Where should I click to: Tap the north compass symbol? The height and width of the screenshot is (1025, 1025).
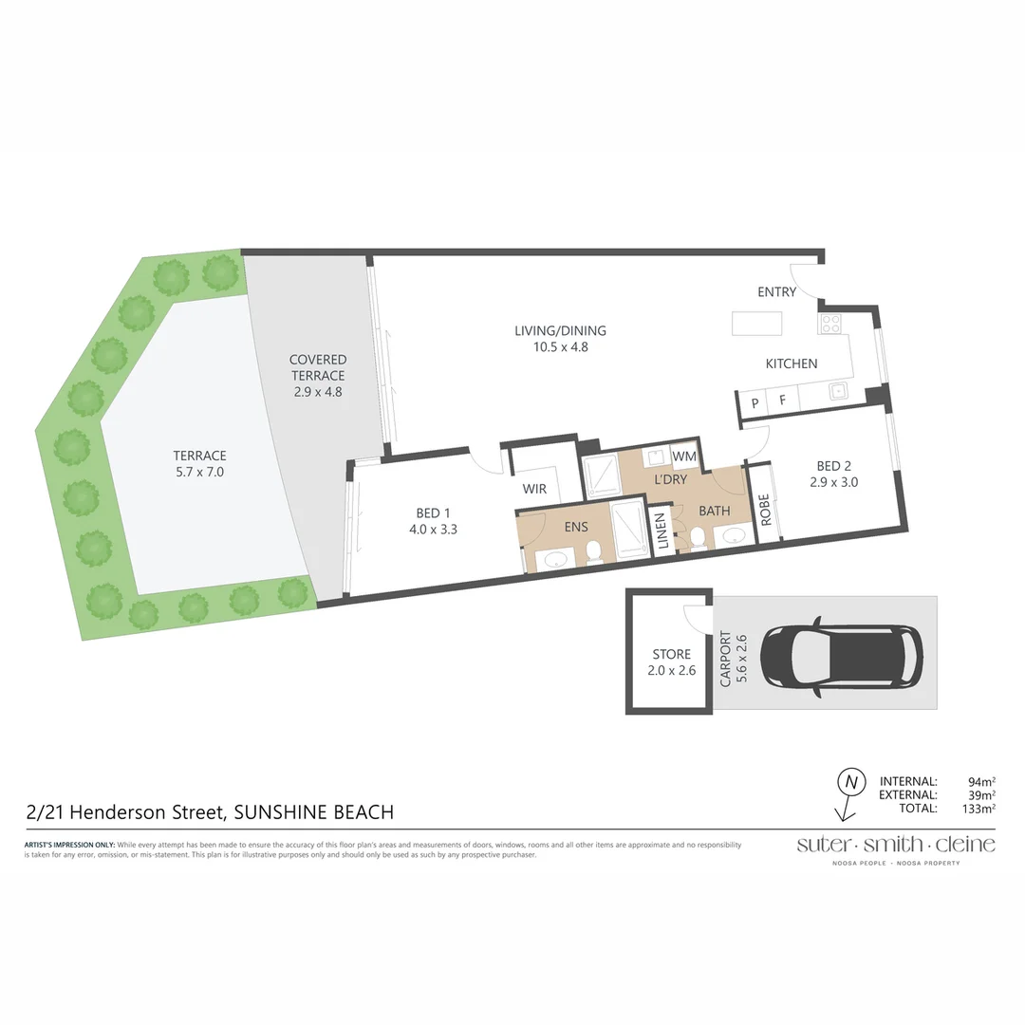point(850,783)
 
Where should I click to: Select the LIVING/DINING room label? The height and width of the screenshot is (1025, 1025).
point(560,339)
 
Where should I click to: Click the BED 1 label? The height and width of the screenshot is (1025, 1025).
point(433,521)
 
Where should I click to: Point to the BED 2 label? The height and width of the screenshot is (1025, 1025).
point(833,474)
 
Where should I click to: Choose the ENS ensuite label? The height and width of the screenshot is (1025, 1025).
point(575,527)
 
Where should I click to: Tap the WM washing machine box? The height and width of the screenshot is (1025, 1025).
point(684,457)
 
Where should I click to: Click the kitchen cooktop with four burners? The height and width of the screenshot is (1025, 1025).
point(830,324)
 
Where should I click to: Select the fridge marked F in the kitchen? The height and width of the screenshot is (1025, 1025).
point(782,401)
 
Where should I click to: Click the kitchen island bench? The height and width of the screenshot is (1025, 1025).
point(756,324)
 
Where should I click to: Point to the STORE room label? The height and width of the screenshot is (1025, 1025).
point(671,662)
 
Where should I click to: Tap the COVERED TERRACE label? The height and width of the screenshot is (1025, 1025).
point(318,376)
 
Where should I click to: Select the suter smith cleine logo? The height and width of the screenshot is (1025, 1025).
point(895,845)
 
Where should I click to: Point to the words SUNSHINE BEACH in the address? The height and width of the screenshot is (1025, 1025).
point(313,812)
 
